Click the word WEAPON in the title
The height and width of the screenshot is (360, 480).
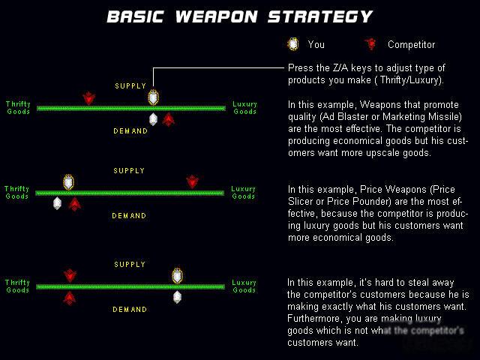(217, 16)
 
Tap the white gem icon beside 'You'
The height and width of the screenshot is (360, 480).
(293, 44)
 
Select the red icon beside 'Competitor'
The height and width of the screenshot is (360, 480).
(370, 44)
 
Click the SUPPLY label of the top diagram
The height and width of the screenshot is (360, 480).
(130, 86)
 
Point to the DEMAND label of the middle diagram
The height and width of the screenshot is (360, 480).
(129, 216)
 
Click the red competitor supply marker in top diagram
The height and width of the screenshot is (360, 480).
(88, 98)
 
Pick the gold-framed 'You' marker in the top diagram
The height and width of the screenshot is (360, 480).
(153, 97)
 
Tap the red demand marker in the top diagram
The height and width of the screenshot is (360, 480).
(168, 120)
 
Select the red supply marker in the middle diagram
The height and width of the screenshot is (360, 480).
(192, 181)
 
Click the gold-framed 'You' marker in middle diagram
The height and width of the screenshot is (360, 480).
(68, 182)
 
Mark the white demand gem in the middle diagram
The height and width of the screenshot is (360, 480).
(57, 203)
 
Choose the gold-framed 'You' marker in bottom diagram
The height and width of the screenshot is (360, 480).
(177, 276)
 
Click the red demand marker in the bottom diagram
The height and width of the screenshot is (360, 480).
(70, 298)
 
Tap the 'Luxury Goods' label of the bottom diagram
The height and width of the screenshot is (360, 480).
(244, 286)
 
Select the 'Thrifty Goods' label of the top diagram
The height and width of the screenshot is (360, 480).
(18, 108)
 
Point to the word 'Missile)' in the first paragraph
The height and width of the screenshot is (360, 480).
(445, 117)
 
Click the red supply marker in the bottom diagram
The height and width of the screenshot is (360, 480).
(70, 276)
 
